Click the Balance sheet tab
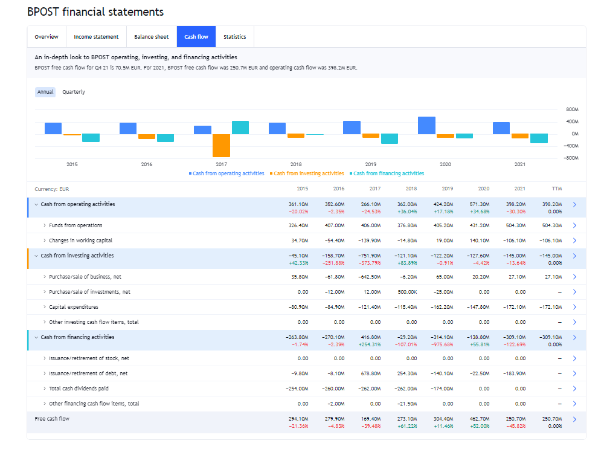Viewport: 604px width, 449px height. pyautogui.click(x=152, y=37)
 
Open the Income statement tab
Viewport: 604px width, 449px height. pyautogui.click(x=96, y=37)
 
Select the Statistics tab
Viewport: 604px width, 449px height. pyautogui.click(x=234, y=37)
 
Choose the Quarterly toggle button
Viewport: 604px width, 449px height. pyautogui.click(x=74, y=92)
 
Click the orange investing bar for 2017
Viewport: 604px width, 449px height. pyautogui.click(x=222, y=145)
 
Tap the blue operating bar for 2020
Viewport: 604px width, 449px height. pyautogui.click(x=426, y=125)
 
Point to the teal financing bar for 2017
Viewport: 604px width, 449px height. pyautogui.click(x=240, y=128)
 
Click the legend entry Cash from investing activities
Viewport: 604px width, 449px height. pyautogui.click(x=309, y=173)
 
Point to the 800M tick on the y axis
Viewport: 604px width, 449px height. pyautogui.click(x=572, y=110)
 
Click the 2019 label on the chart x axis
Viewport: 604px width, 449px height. pyautogui.click(x=371, y=164)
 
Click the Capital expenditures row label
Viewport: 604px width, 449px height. pyautogui.click(x=73, y=307)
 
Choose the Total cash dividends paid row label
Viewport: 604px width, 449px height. pyautogui.click(x=79, y=389)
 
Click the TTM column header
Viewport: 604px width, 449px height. pyautogui.click(x=556, y=189)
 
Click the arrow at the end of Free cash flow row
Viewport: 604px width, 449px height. pyautogui.click(x=574, y=419)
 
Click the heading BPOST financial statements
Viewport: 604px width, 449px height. pyautogui.click(x=95, y=12)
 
